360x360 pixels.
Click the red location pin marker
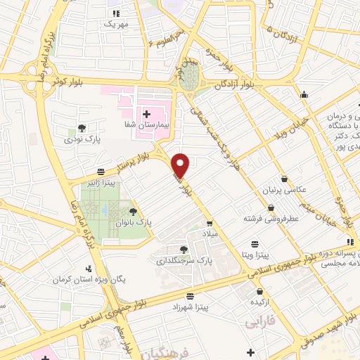click(181, 165)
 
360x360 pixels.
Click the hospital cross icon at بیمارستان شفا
click(147, 112)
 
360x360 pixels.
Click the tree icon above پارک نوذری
click(82, 128)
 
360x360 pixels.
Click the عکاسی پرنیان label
click(284, 191)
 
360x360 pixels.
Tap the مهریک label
click(117, 23)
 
